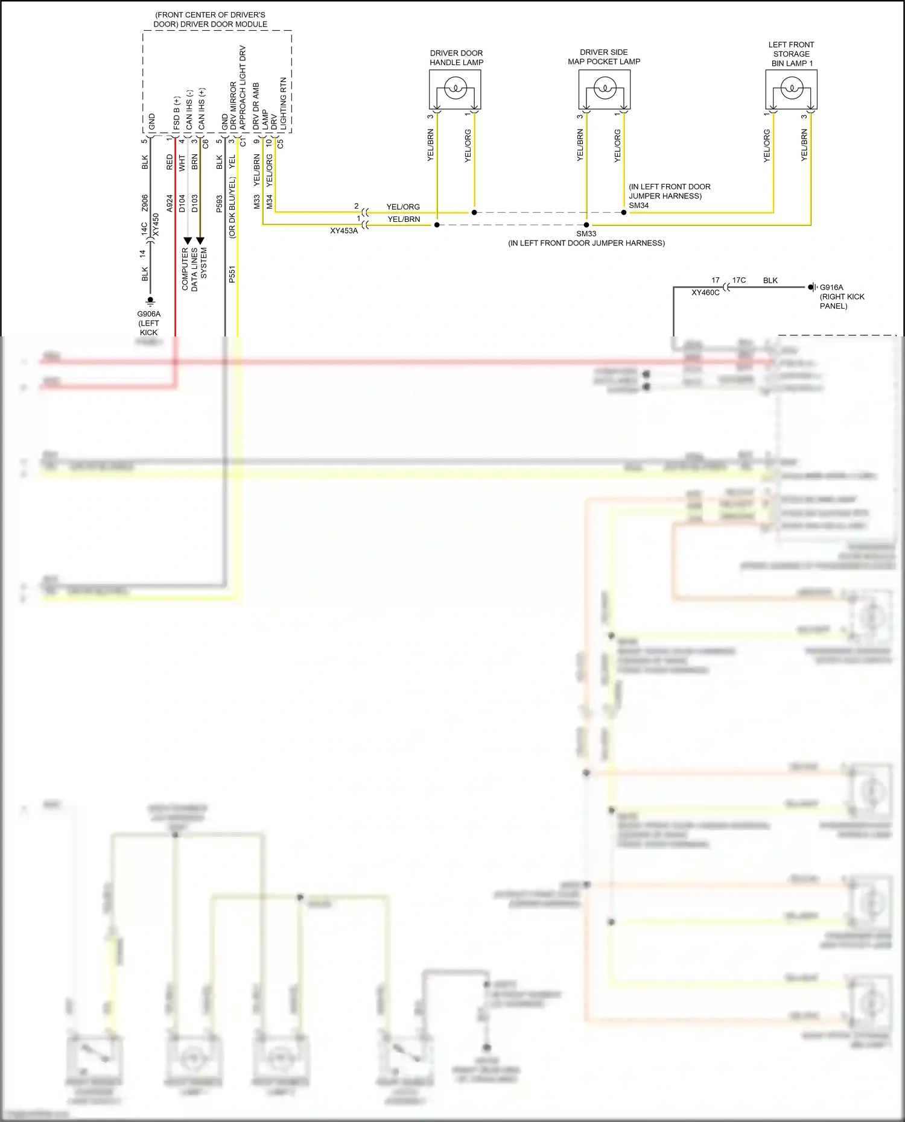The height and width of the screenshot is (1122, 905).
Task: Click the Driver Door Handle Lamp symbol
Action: click(x=455, y=90)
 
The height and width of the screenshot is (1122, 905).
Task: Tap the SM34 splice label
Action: click(x=638, y=206)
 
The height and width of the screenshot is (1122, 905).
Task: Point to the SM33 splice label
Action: click(x=586, y=234)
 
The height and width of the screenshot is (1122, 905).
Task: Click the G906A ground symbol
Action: click(x=150, y=300)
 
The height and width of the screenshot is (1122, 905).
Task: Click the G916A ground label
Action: click(x=831, y=288)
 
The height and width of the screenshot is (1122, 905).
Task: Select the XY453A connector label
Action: click(x=344, y=231)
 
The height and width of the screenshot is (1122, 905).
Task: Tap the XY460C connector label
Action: click(x=705, y=293)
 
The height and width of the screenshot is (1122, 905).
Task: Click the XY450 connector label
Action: click(x=156, y=224)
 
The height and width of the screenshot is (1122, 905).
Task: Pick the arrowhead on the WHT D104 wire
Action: click(x=188, y=241)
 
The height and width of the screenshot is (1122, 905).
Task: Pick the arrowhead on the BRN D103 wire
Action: click(x=200, y=241)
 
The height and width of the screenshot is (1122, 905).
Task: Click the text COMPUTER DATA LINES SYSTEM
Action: click(x=194, y=269)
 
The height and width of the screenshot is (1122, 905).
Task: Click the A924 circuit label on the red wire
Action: click(x=170, y=203)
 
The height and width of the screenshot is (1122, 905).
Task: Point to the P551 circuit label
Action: click(x=232, y=274)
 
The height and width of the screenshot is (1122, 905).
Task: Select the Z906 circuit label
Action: click(x=145, y=203)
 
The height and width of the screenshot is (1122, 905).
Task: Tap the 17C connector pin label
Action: click(x=738, y=280)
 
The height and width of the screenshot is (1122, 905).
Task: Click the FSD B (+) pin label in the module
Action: click(x=177, y=113)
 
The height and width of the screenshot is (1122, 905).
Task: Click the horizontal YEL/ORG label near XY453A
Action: click(x=403, y=207)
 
